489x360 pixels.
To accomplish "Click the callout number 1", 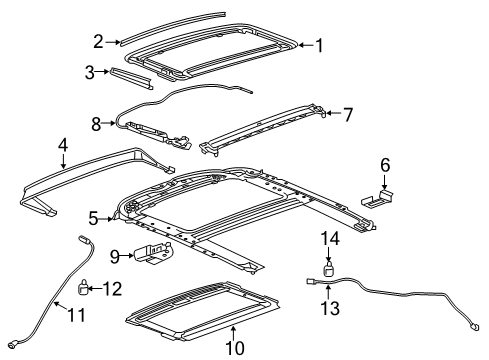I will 319,44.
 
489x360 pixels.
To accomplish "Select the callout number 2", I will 98,41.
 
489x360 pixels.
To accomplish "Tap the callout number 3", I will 89,72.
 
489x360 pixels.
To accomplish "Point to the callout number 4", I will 63,146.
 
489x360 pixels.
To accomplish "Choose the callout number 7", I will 349,114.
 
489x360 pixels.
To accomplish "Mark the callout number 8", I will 96,124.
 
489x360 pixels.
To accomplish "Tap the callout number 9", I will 115,257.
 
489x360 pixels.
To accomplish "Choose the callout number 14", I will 331,237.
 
